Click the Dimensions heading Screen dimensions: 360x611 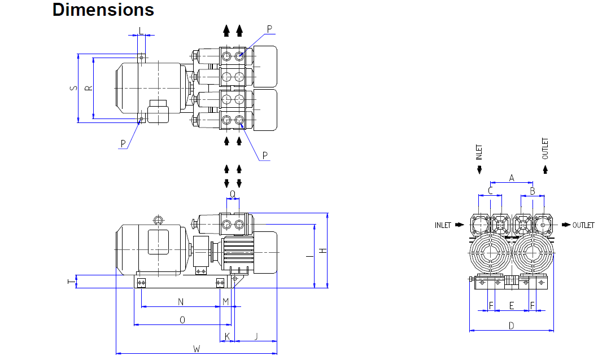coord(103,10)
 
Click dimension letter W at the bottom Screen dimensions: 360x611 coord(196,349)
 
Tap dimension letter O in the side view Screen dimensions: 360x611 coord(182,320)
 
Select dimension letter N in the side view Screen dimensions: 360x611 coord(181,302)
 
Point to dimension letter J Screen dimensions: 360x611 coord(256,336)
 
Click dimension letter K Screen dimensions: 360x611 coord(227,336)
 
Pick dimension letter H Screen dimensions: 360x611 coord(322,251)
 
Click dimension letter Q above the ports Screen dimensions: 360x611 coord(233,194)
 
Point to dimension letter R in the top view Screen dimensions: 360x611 coord(88,88)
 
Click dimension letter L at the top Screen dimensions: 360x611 coord(141,30)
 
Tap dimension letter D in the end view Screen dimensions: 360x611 coord(511,326)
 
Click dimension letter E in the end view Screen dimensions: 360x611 coord(512,306)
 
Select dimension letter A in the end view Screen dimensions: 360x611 coord(512,178)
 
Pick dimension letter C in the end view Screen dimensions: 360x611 coord(490,191)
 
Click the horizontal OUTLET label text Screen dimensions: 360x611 coord(583,225)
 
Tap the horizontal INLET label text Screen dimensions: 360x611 coord(443,225)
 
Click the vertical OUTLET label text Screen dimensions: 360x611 coord(545,149)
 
